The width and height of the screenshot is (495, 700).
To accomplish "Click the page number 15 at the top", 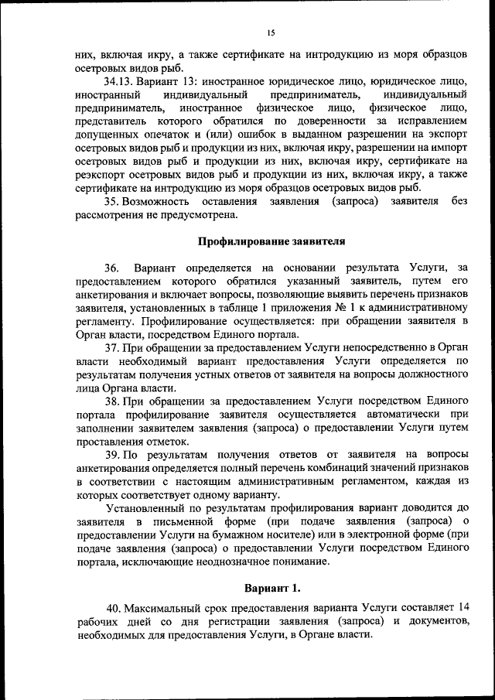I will pos(271,32).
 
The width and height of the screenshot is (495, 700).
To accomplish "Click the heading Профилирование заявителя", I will pos(271,241).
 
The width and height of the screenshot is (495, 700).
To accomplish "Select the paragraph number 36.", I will pos(112,268).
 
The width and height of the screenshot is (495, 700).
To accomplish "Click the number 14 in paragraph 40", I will pos(463,609).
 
